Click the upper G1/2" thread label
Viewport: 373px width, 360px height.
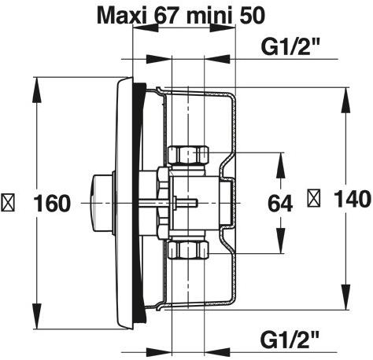(290, 46)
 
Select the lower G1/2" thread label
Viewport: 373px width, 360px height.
(290, 339)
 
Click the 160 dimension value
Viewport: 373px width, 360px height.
(54, 203)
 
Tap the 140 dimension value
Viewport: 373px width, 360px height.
(349, 202)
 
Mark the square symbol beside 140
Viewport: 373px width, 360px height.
(313, 202)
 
